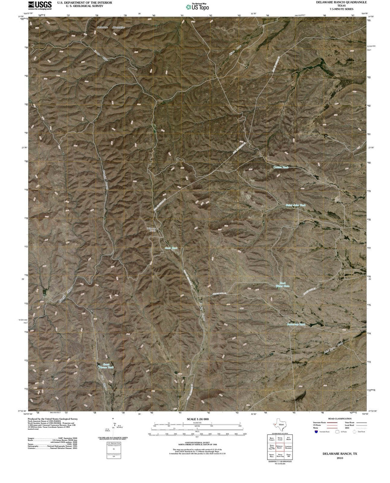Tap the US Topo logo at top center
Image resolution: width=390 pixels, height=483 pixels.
197,7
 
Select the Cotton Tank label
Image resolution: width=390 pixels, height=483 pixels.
281,167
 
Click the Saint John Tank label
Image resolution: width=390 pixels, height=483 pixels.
296,205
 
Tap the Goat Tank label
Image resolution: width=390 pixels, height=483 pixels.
171,248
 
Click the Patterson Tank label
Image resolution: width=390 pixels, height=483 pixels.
296,324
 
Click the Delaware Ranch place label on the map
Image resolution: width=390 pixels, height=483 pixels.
151,229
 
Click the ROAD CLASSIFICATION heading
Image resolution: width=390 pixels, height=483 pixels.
338,419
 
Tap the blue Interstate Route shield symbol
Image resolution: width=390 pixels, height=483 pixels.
317,431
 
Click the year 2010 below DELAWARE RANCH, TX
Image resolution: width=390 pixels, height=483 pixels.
339,457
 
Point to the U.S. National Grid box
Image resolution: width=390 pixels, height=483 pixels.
114,450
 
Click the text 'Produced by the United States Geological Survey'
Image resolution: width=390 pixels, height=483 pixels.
53,419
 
